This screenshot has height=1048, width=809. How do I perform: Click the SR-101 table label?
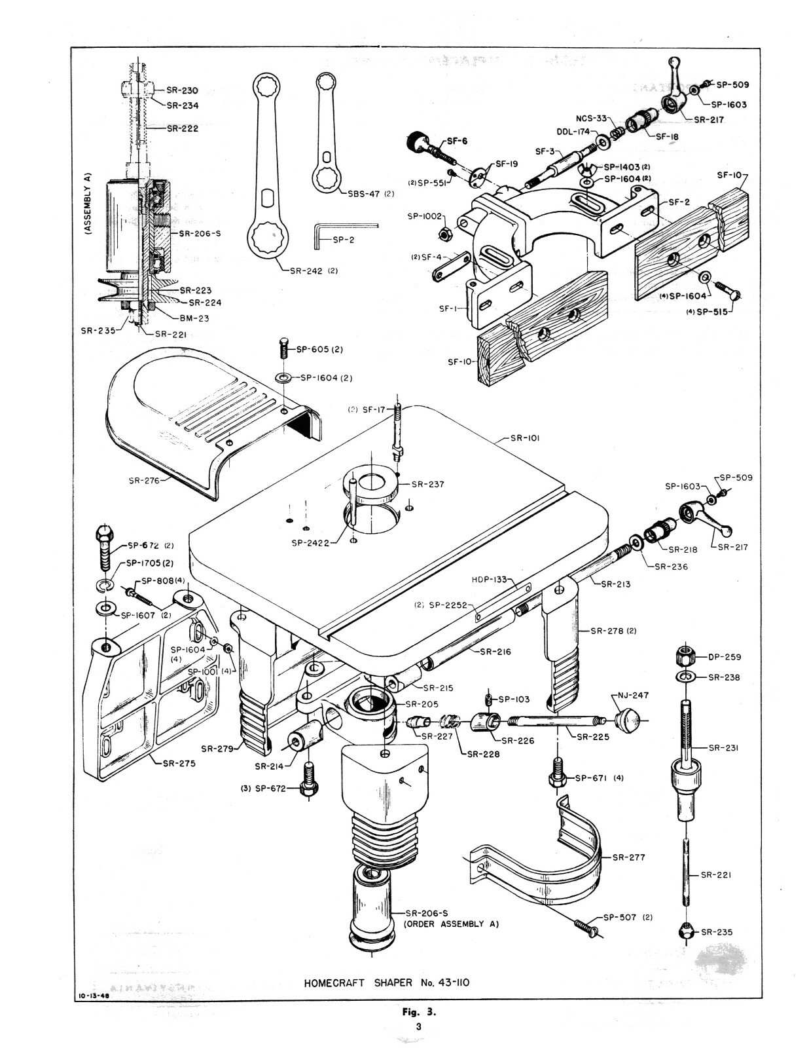point(525,439)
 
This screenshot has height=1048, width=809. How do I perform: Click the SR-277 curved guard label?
point(629,857)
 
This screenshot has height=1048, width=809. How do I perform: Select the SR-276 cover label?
point(145,480)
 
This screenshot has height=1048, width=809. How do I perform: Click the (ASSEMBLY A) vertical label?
point(86,204)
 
